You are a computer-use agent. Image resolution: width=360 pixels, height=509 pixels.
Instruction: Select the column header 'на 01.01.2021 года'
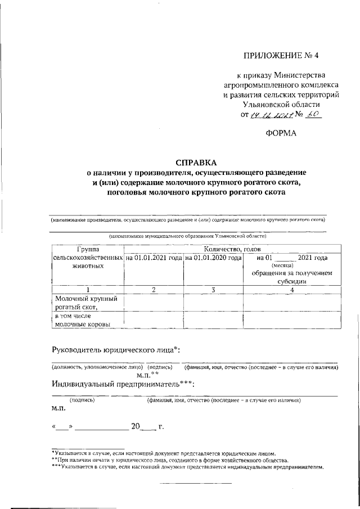[x=154, y=258]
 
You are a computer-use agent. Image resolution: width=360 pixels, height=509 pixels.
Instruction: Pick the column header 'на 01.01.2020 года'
[x=213, y=258]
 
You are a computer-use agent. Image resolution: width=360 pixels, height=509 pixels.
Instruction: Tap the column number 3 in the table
[x=213, y=289]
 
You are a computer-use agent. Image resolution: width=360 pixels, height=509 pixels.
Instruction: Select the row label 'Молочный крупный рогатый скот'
[x=84, y=303]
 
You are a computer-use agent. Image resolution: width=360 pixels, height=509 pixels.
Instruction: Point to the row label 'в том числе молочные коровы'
[x=82, y=319]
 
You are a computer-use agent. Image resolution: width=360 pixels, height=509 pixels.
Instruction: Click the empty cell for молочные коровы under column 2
[x=154, y=319]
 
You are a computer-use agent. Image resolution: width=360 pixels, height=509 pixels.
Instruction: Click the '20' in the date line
[x=135, y=426]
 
